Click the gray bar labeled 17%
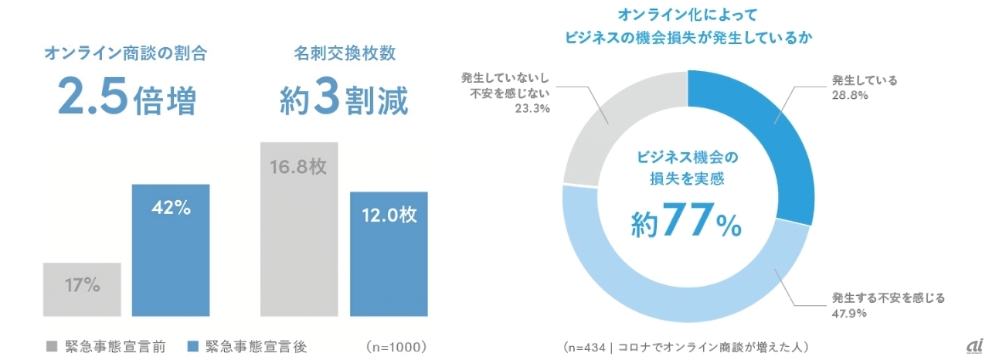pyautogui.click(x=82, y=289)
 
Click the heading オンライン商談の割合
pyautogui.click(x=126, y=54)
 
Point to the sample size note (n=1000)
pyautogui.click(x=398, y=346)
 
